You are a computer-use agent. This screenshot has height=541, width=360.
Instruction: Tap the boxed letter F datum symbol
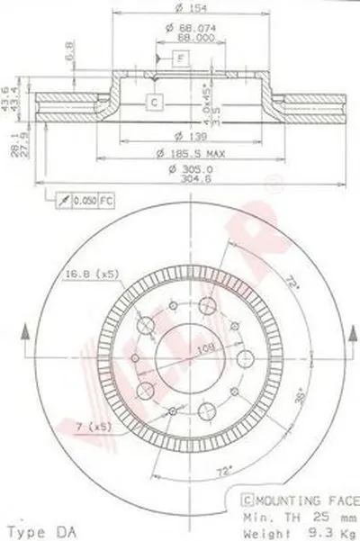tap(181, 59)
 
